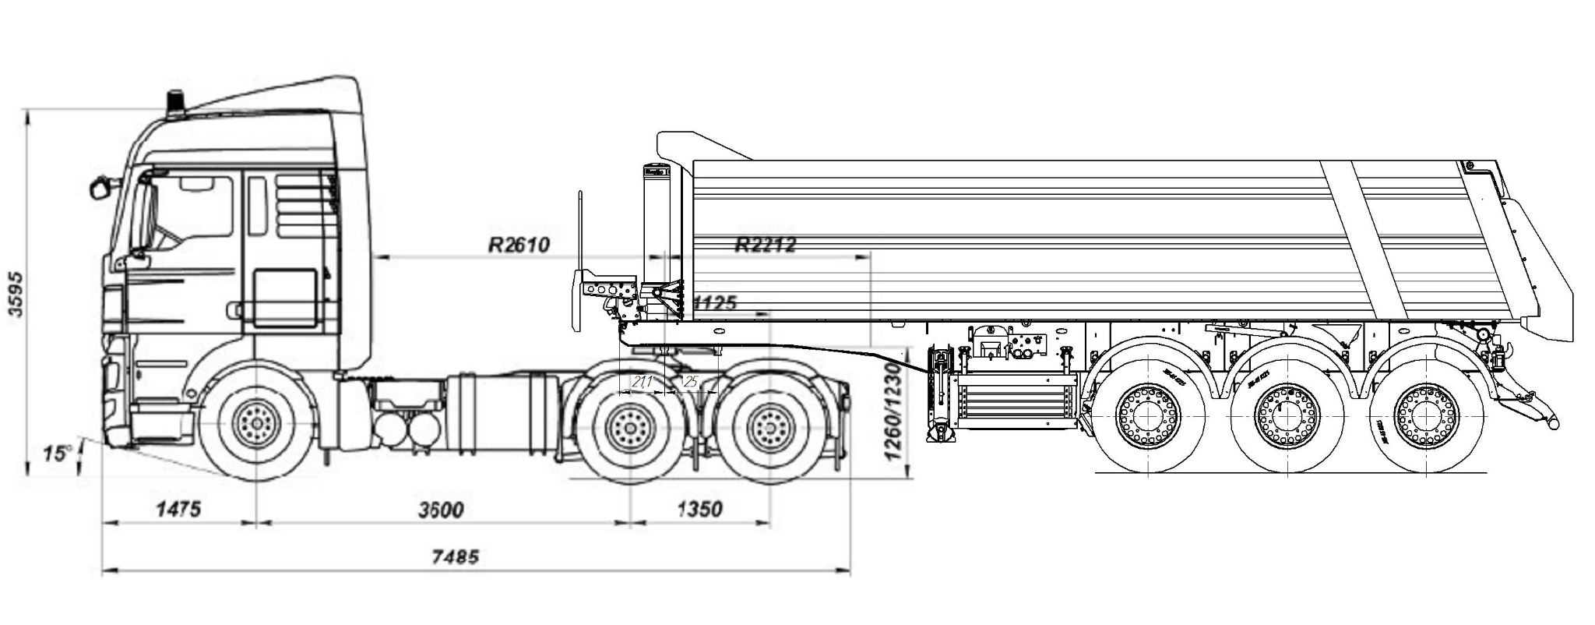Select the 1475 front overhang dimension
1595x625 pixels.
pyautogui.click(x=179, y=510)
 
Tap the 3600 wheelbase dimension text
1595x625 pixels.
pyautogui.click(x=441, y=510)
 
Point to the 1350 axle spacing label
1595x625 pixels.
pyautogui.click(x=700, y=510)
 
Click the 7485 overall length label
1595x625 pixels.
pyautogui.click(x=456, y=556)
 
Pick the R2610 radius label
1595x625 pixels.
pyautogui.click(x=519, y=245)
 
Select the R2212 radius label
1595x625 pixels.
pyautogui.click(x=766, y=245)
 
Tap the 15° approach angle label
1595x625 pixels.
pyautogui.click(x=57, y=454)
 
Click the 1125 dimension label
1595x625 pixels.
pyautogui.click(x=713, y=302)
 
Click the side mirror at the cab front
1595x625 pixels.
pyautogui.click(x=100, y=188)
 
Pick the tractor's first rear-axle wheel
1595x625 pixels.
pyautogui.click(x=629, y=428)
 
